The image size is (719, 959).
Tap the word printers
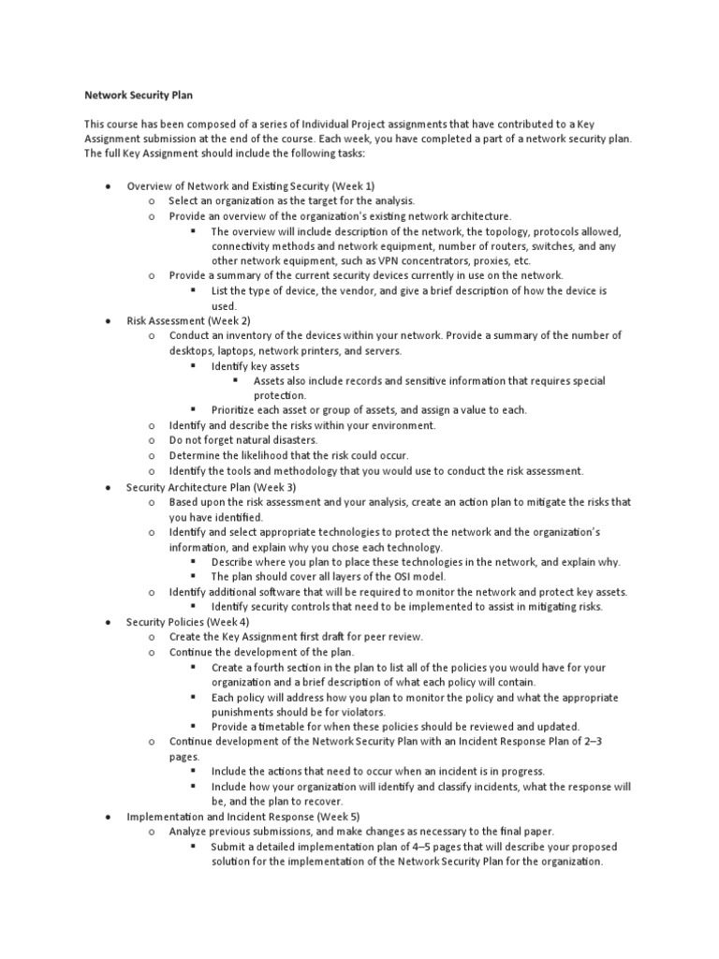pyautogui.click(x=325, y=350)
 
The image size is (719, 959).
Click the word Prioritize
pyautogui.click(x=235, y=410)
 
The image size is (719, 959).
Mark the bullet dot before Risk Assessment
pyautogui.click(x=111, y=320)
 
